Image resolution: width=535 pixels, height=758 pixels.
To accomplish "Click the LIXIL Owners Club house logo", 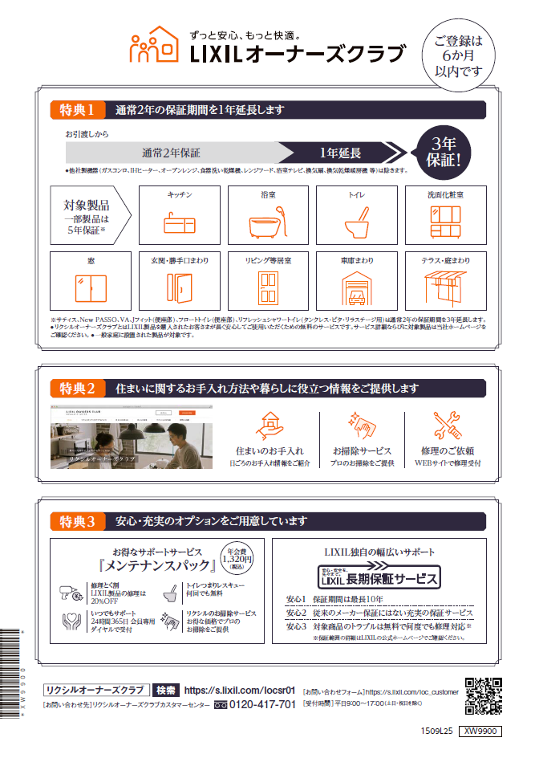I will [154, 47].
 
